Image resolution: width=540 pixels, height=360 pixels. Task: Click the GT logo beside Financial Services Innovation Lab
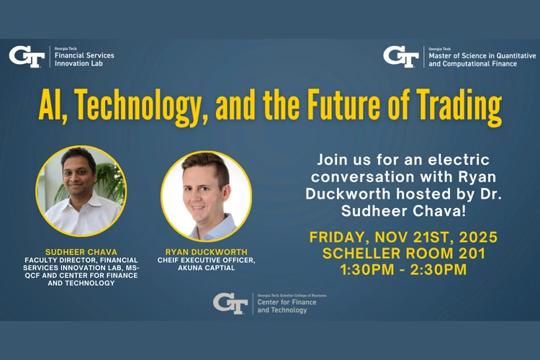click(27, 56)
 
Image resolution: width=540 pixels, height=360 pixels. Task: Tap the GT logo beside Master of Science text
click(400, 56)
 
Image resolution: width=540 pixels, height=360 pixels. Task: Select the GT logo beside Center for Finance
click(230, 303)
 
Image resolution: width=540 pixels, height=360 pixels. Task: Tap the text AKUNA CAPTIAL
click(207, 268)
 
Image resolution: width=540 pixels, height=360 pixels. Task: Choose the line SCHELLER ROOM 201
click(403, 253)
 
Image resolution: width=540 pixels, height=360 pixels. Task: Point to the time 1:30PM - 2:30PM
click(403, 270)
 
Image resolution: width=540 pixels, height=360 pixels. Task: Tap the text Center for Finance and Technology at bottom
click(286, 305)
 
